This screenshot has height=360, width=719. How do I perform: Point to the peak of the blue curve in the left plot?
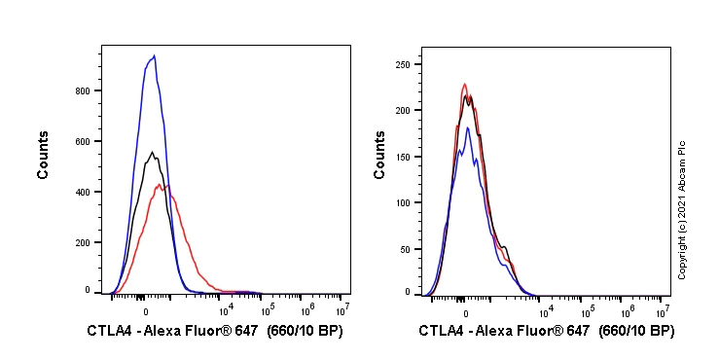click(154, 55)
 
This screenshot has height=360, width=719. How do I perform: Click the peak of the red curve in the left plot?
click(168, 184)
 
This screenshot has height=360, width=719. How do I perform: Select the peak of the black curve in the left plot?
click(152, 152)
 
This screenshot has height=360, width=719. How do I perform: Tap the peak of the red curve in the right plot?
click(465, 84)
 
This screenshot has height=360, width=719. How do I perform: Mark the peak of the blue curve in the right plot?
click(468, 127)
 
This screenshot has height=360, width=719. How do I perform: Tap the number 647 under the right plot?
click(576, 332)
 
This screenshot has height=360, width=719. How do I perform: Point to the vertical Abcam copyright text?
click(683, 209)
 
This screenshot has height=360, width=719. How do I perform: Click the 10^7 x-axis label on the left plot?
click(342, 308)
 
